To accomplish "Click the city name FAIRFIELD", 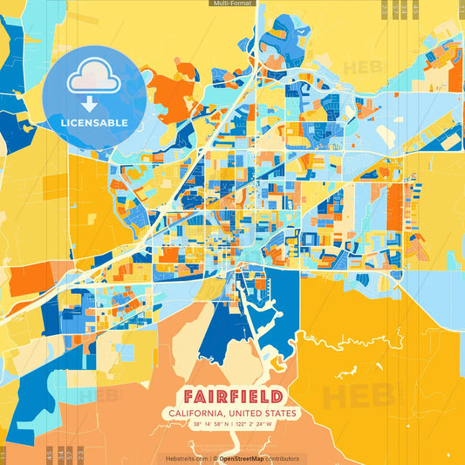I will click(232, 394).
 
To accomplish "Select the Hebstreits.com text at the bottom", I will click(186, 458).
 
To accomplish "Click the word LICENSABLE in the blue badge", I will click(94, 122).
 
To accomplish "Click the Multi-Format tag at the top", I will click(232, 3).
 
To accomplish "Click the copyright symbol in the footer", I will click(215, 458).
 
